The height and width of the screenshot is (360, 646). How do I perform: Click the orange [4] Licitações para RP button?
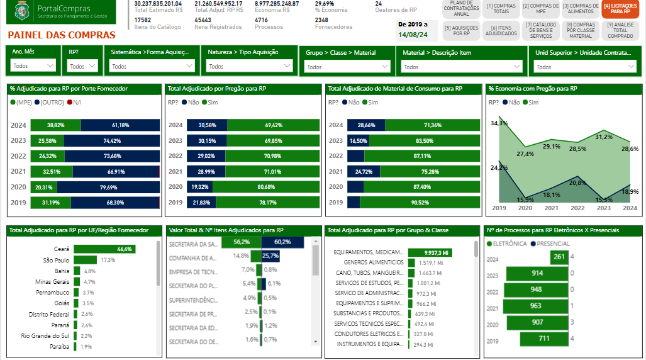[x=620, y=9]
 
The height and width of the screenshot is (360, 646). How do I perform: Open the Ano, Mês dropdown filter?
[x=34, y=66]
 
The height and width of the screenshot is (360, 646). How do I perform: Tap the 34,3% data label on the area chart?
[x=499, y=123]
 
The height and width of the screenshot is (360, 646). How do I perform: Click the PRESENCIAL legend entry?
[x=550, y=244]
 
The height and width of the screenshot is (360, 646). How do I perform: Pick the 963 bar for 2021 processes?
[x=535, y=306]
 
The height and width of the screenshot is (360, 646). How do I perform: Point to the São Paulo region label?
[x=56, y=260]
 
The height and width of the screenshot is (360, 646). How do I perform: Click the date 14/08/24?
[x=414, y=34]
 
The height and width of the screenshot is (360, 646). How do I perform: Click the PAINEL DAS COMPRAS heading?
[x=62, y=35]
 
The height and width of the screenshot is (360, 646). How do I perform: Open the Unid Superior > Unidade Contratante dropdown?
[x=586, y=67]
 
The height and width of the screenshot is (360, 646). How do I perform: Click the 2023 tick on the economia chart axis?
[x=604, y=208]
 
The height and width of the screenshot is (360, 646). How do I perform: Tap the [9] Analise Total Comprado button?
[x=620, y=30]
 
